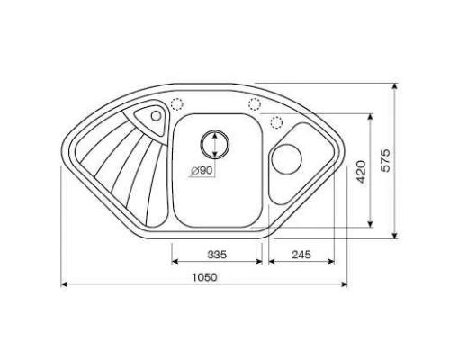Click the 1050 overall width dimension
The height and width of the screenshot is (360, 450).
pyautogui.click(x=206, y=277)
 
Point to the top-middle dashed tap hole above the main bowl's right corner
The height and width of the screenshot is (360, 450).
pyautogui.click(x=255, y=103)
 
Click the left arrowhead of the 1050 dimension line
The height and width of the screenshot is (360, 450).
pyautogui.click(x=64, y=286)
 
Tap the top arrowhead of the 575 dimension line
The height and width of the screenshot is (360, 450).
pyautogui.click(x=397, y=88)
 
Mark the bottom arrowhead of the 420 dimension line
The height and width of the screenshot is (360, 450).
pyautogui.click(x=371, y=224)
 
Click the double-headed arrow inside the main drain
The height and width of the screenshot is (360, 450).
pyautogui.click(x=215, y=141)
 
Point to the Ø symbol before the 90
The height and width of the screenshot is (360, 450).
pyautogui.click(x=194, y=170)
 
